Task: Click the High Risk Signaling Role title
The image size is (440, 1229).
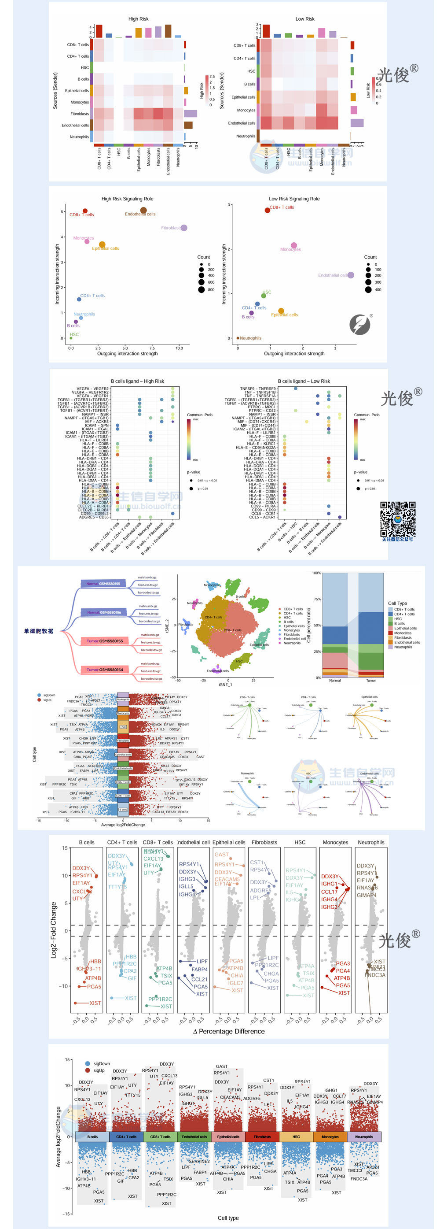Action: [127, 199]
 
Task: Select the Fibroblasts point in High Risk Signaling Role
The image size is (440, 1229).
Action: [184, 228]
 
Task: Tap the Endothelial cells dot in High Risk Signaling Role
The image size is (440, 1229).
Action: [143, 211]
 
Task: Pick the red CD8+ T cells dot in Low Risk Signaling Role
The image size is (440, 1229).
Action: [268, 210]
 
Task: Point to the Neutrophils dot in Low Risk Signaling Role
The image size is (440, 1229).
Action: [238, 338]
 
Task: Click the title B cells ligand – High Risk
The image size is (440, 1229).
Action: [137, 381]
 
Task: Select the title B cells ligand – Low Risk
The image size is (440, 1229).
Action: [304, 381]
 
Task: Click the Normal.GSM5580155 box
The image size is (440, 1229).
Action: [103, 584]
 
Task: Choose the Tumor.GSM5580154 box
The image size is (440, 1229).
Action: [105, 670]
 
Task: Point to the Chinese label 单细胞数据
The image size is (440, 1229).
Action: [39, 631]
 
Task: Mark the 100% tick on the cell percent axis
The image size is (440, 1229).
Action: [316, 573]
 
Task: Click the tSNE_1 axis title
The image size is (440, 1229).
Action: [225, 685]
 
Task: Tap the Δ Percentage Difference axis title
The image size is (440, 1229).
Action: [229, 1032]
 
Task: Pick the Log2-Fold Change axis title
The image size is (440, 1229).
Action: [54, 930]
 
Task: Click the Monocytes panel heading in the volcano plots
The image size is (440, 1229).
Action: [335, 843]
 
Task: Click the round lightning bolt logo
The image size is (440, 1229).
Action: [360, 324]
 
